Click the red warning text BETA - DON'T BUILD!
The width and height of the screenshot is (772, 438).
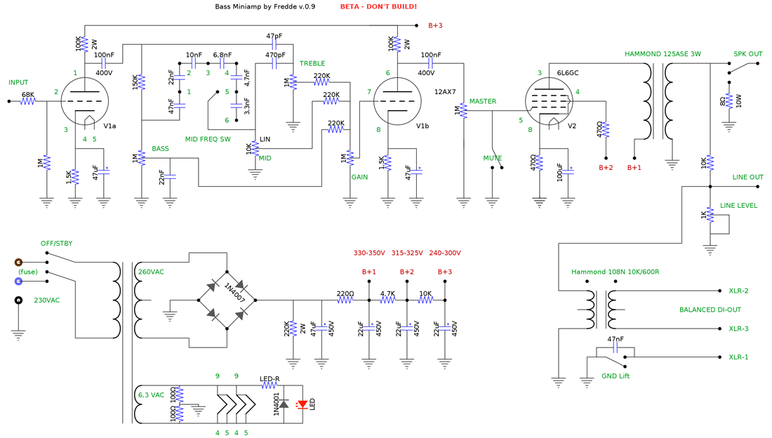pos(378,6)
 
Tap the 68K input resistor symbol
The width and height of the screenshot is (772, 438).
pos(28,101)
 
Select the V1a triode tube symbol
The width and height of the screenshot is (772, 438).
pos(85,102)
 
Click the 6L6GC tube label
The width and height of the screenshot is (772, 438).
pos(568,73)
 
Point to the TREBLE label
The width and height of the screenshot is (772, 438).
pos(312,64)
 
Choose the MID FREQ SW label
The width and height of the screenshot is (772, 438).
pos(208,140)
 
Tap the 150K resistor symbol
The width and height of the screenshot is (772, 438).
pos(141,82)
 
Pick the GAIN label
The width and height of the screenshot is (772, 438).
pos(359,178)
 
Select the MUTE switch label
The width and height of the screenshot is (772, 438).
pos(493,158)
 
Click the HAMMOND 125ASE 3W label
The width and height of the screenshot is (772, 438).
pos(663,54)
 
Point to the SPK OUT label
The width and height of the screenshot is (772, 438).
pos(748,54)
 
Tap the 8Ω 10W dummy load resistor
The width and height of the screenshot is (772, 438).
pos(729,101)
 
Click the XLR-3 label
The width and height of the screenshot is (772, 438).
pos(738,328)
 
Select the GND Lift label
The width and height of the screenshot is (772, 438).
pos(615,376)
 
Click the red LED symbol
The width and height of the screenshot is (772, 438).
pos(302,404)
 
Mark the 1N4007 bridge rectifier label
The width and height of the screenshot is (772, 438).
pos(234,293)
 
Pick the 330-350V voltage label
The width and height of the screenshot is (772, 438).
pos(369,253)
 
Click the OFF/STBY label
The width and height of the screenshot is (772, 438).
pos(57,244)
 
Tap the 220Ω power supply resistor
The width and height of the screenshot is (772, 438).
pos(345,300)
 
